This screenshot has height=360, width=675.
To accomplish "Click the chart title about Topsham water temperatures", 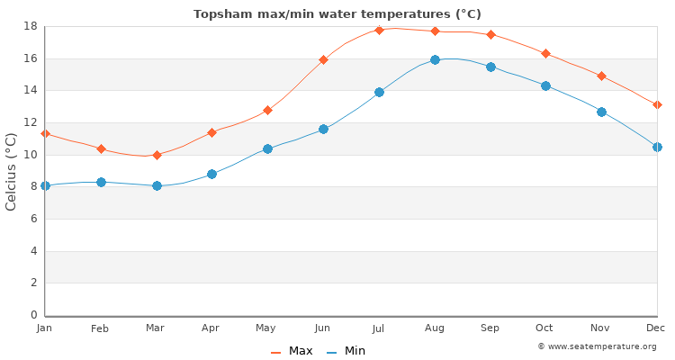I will pos(337,13).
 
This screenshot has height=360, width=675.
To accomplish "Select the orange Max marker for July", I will pos(379,30).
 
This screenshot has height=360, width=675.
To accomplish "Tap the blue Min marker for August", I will pos(435,59).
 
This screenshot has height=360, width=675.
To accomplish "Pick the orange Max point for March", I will pos(157,155).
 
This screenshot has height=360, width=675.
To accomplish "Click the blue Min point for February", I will pos(101,182).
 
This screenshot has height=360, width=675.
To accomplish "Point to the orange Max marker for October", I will pos(545,54).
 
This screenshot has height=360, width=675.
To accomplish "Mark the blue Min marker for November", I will pos(601,112).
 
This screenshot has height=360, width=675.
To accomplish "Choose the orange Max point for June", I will pos(323,59).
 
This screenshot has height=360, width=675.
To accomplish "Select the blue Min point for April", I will pos(211,174).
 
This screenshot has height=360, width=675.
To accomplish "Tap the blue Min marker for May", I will pos(267,148).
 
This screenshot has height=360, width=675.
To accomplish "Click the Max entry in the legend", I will pos(292,351).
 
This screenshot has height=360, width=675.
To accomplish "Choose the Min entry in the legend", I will pos(346,351).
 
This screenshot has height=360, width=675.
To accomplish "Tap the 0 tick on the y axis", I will pos(32,315).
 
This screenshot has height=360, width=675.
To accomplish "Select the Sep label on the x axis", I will pos(490,328).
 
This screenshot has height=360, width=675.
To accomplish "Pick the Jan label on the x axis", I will pos(45,328).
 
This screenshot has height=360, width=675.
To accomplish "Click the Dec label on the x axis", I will pos(656,328).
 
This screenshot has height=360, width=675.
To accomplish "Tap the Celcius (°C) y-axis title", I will pos(12,171).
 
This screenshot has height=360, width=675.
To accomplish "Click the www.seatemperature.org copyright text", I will pos(597,346).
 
